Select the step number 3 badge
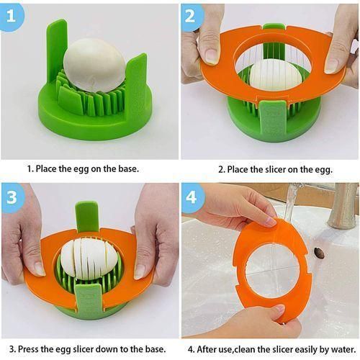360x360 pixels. point(12,198)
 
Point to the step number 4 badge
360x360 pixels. point(192,198)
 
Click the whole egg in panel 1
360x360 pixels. point(94,66)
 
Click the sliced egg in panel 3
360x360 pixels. point(87,259)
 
